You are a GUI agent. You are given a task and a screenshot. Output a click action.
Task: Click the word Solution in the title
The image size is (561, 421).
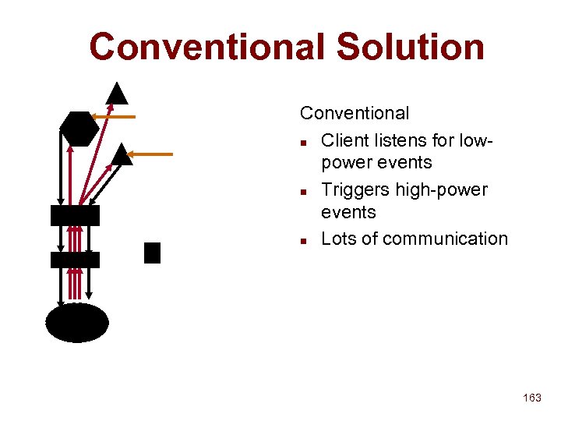[410, 47]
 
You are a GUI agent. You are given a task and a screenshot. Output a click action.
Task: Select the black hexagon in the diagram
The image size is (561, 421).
[79, 129]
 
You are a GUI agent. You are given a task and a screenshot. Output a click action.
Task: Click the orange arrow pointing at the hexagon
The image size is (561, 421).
[114, 117]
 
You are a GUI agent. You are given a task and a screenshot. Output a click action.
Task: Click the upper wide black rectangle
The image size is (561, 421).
[75, 216]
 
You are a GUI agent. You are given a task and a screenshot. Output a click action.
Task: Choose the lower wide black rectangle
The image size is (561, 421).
[75, 260]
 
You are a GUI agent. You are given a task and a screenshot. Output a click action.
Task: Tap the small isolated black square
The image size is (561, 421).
[152, 253]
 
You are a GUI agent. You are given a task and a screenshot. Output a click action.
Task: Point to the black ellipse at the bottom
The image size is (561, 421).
[76, 323]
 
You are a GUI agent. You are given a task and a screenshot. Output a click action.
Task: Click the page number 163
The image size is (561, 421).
[532, 398]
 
